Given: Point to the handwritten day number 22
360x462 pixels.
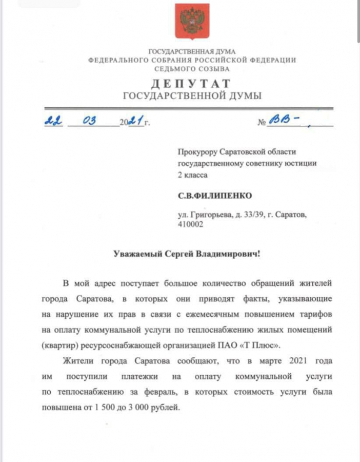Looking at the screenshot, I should click(53, 121).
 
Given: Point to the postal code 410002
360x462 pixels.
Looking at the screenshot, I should click(190, 225).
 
